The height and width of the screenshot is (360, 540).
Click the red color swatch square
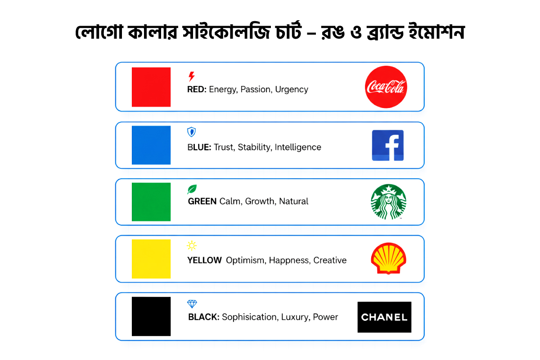pyautogui.click(x=151, y=87)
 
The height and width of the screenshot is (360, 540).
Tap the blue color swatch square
pyautogui.click(x=151, y=145)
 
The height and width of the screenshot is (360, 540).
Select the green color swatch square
pyautogui.click(x=151, y=202)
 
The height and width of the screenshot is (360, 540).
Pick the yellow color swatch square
pyautogui.click(x=151, y=259)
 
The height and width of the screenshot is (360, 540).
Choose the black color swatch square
pyautogui.click(x=151, y=316)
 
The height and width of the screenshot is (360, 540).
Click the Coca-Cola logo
pyautogui.click(x=386, y=87)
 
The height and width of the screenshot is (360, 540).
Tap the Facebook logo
pyautogui.click(x=387, y=145)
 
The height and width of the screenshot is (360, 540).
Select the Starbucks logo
pyautogui.click(x=388, y=202)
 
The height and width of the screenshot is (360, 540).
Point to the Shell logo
pyautogui.click(x=388, y=259)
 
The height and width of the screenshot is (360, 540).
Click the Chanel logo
pyautogui.click(x=384, y=317)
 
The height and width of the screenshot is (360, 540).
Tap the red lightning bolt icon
pyautogui.click(x=192, y=76)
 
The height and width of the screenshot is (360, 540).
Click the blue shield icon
pyautogui.click(x=191, y=132)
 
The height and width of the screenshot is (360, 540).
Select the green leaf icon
pyautogui.click(x=192, y=189)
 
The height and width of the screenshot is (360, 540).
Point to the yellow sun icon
pyautogui.click(x=192, y=246)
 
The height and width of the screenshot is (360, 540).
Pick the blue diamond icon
pyautogui.click(x=192, y=304)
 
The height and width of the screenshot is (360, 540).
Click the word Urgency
pyautogui.click(x=292, y=90)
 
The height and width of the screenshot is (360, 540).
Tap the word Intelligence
pyautogui.click(x=298, y=147)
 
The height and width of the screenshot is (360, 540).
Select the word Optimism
pyautogui.click(x=245, y=260)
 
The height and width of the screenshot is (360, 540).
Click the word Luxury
pyautogui.click(x=295, y=317)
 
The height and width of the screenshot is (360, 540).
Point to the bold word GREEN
pyautogui.click(x=202, y=201)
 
